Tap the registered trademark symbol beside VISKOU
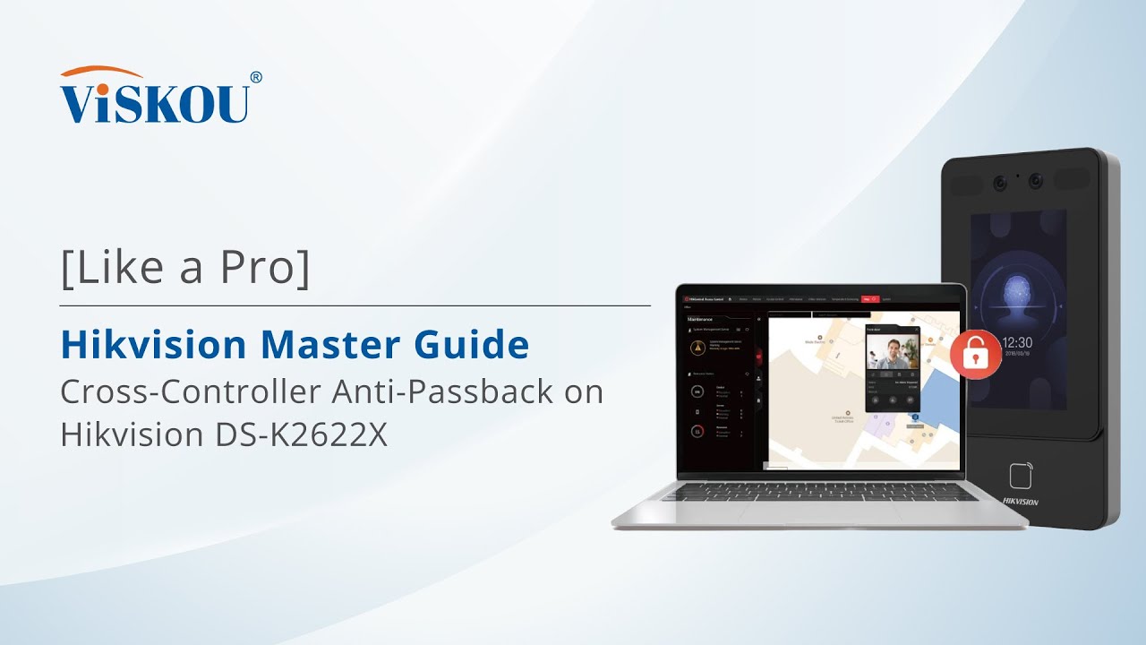pyautogui.click(x=256, y=78)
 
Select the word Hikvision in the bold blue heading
pyautogui.click(x=151, y=344)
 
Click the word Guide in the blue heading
pyautogui.click(x=477, y=344)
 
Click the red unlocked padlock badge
pyautogui.click(x=975, y=354)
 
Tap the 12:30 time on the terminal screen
pyautogui.click(x=1017, y=342)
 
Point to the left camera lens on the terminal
pyautogui.click(x=1000, y=182)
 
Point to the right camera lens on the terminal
pyautogui.click(x=1036, y=180)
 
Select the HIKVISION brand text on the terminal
pyautogui.click(x=1020, y=502)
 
